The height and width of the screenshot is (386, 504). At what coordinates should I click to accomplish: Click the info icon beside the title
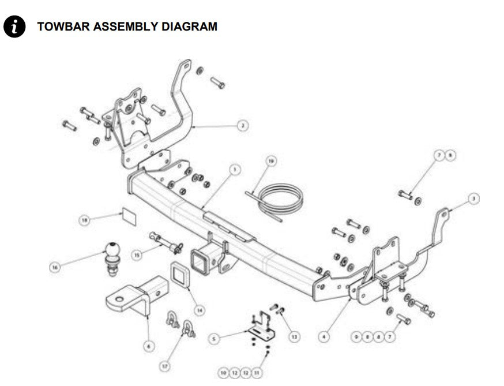point(14,27)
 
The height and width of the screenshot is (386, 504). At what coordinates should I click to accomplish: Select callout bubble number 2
point(243,125)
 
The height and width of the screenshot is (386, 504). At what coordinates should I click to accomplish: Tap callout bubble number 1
point(234,170)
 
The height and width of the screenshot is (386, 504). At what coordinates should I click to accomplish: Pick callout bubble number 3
point(473,198)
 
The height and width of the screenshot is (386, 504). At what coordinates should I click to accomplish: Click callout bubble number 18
point(85,220)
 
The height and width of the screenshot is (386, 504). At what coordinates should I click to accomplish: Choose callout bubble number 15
point(137,254)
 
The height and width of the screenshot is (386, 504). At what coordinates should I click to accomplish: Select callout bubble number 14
point(200,310)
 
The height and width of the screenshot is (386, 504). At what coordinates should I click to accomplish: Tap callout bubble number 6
point(149,346)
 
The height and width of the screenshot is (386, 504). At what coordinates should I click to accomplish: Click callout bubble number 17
point(165,365)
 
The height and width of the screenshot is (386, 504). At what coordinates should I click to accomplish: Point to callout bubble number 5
point(215,339)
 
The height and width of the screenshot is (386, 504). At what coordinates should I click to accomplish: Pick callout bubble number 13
point(294,336)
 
